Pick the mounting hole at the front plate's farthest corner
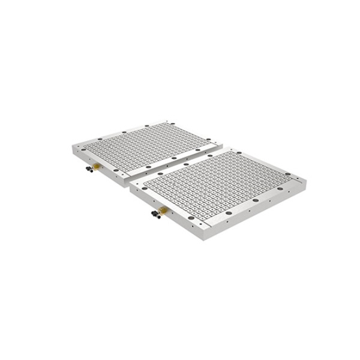tap(224, 150)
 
